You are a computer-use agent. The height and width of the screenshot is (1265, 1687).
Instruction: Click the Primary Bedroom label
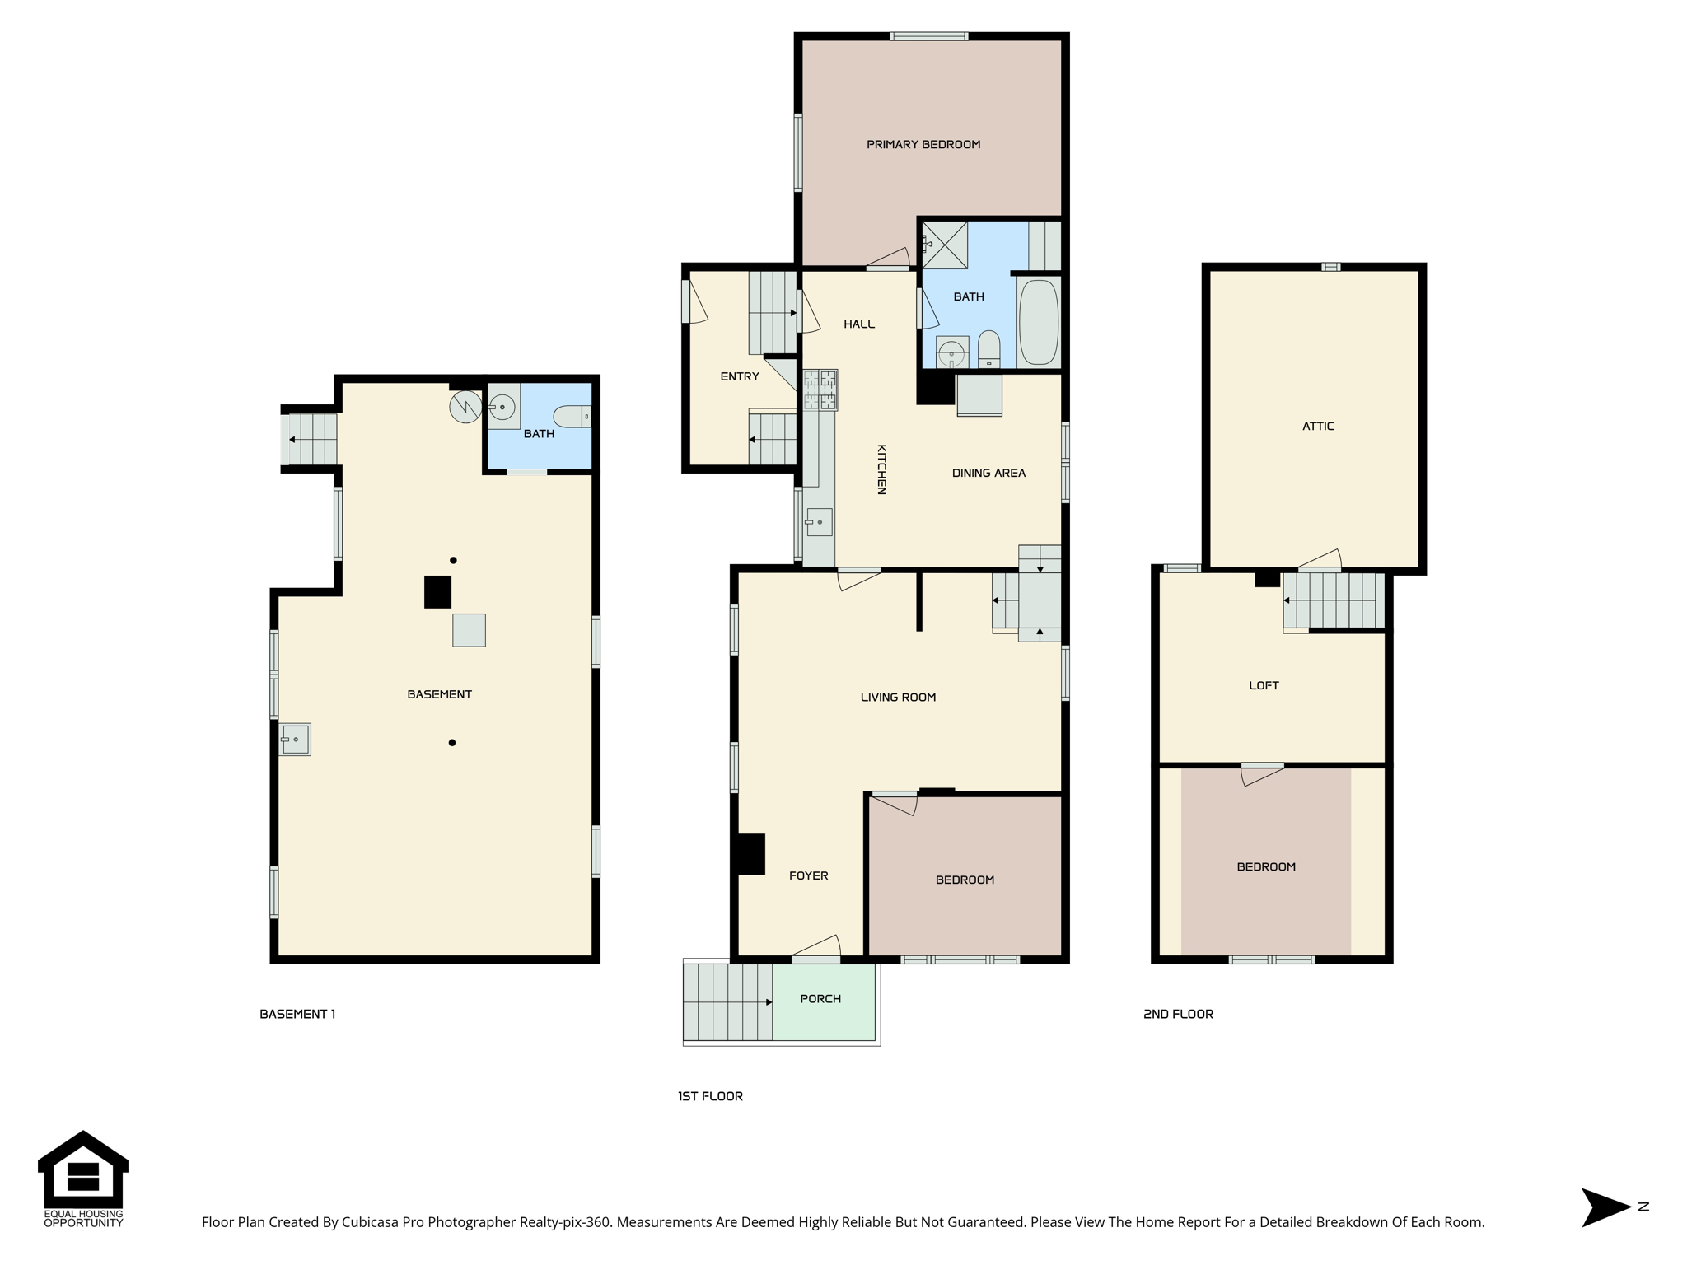[x=923, y=145]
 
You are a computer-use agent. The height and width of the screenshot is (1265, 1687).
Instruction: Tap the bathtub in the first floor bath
[x=1038, y=322]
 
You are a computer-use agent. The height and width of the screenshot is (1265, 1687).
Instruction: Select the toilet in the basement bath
[x=572, y=417]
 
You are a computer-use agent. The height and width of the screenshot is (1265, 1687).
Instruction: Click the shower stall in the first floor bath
[x=944, y=245]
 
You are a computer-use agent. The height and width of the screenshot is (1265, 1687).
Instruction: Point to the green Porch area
[x=824, y=1002]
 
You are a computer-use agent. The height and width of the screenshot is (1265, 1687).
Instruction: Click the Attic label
[x=1318, y=427]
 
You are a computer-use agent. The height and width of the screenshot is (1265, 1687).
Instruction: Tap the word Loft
[x=1264, y=685]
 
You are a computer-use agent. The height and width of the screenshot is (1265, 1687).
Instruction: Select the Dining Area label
[x=988, y=474]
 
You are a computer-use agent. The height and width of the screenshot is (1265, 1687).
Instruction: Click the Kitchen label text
[x=881, y=469]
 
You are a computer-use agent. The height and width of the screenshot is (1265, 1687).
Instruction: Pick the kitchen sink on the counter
[x=820, y=522]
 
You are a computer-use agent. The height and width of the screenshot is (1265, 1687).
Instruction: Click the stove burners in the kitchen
[x=820, y=390]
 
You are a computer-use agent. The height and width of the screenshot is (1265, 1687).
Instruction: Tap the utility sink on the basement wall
[x=295, y=740]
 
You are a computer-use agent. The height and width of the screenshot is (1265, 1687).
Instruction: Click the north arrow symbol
[x=1606, y=1207]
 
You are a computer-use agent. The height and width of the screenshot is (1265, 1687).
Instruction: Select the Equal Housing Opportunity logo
[x=83, y=1179]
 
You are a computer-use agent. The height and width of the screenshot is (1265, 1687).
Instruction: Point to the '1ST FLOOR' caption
[x=710, y=1096]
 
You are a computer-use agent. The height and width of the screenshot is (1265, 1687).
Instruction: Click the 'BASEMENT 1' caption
[x=297, y=1015]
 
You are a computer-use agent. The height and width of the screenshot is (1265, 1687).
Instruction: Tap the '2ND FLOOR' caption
[x=1178, y=1015]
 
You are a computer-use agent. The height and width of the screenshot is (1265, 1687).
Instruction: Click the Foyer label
[x=808, y=876]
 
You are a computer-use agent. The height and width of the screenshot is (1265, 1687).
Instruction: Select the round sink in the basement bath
[x=502, y=407]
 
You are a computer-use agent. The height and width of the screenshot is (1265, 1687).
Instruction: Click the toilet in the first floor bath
[x=989, y=350]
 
